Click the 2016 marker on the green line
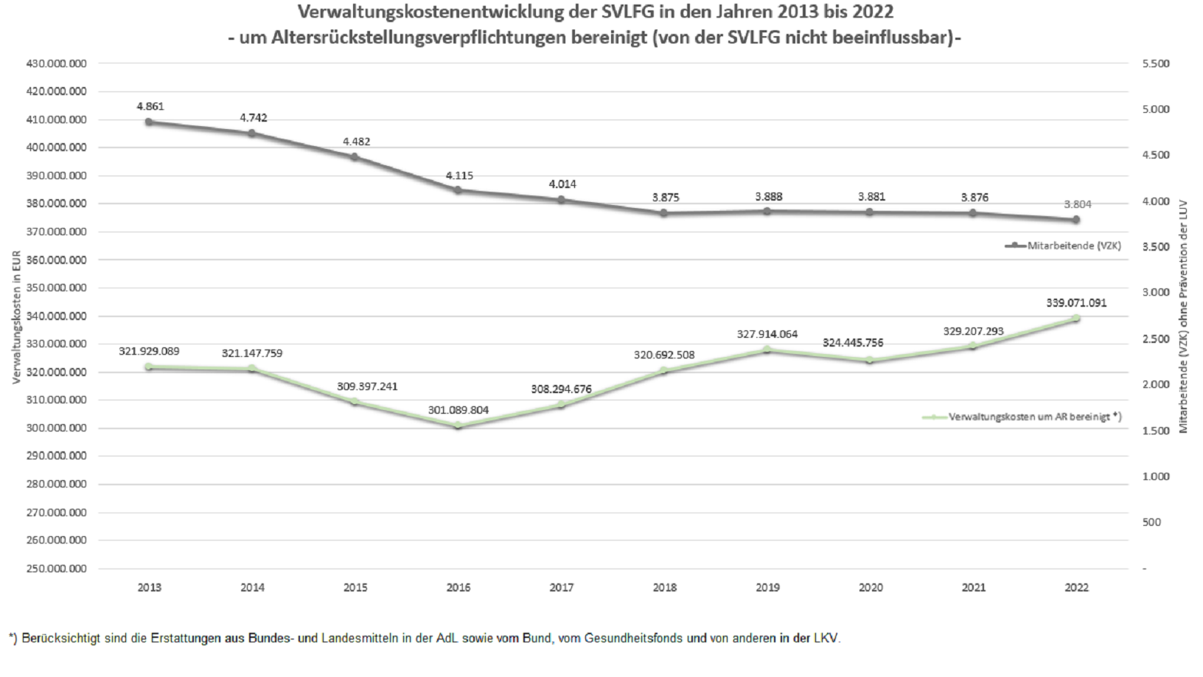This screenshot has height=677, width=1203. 458,426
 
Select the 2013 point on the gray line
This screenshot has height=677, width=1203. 149,122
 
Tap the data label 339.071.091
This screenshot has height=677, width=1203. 1076,302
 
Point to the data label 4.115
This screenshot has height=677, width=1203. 459,176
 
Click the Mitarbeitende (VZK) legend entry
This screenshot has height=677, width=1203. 1062,246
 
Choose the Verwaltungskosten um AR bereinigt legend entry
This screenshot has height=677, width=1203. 1022,417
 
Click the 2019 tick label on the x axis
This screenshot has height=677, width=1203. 767,588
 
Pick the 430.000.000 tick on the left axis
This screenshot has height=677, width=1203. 56,63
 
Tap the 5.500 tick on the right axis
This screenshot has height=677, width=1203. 1155,63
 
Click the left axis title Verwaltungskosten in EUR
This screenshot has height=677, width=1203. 16,316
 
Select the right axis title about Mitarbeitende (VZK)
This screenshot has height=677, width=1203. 1184,316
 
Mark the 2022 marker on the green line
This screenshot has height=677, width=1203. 1076,319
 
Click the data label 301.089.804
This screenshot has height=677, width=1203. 458,410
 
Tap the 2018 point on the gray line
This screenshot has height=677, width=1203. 664,213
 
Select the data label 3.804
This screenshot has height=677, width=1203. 1077,204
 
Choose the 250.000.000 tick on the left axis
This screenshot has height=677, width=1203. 56,569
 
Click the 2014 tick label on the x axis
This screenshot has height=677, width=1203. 252,588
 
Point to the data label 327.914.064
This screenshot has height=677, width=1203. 767,334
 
